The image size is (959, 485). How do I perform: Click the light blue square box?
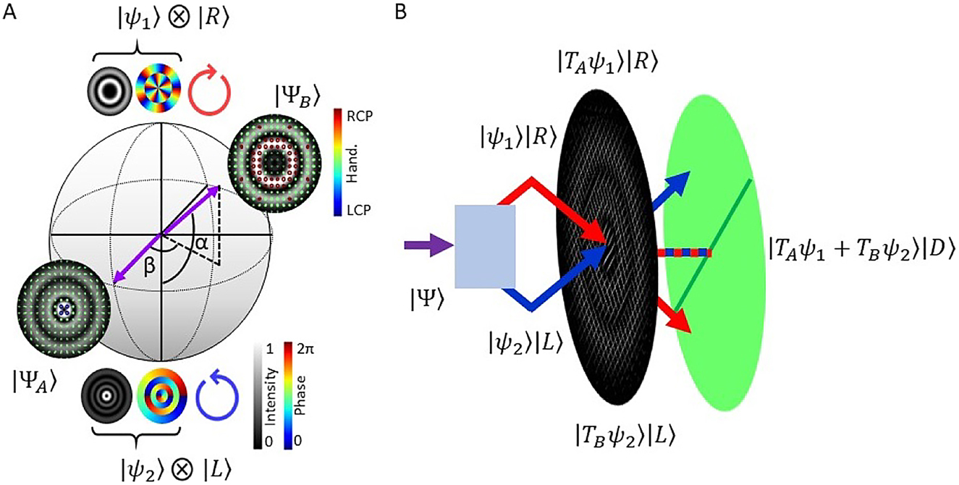click(484, 246)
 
